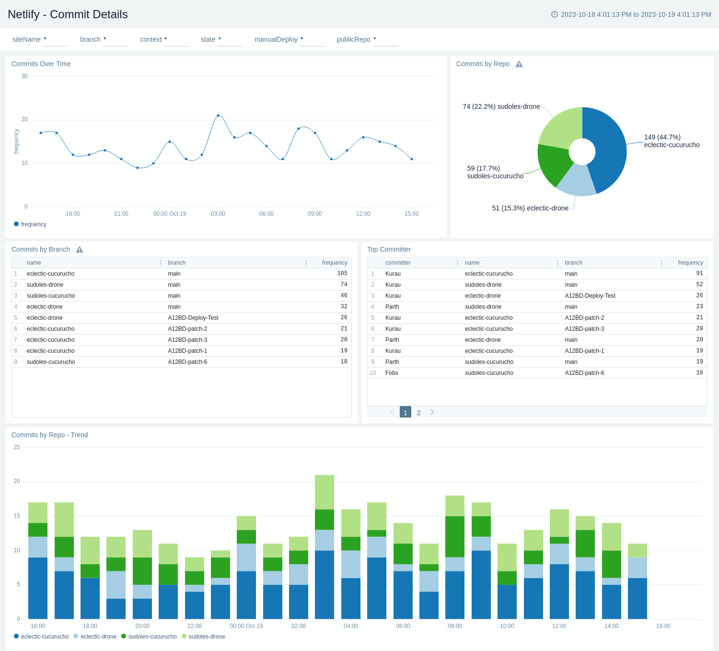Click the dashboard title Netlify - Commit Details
point(68,14)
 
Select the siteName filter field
point(55,40)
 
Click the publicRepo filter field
point(385,40)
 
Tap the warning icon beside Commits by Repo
point(519,64)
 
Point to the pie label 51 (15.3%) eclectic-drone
point(530,208)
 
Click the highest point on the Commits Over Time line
point(218,116)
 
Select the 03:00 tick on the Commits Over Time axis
point(218,214)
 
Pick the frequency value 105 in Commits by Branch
point(342,274)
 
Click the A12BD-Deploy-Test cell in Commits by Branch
point(193,318)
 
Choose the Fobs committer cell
point(392,373)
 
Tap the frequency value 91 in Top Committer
point(699,274)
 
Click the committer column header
point(398,263)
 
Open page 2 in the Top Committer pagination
point(418,412)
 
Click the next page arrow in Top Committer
point(432,412)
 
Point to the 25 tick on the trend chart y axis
point(17,447)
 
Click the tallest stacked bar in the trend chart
point(325,546)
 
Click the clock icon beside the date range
point(555,14)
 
